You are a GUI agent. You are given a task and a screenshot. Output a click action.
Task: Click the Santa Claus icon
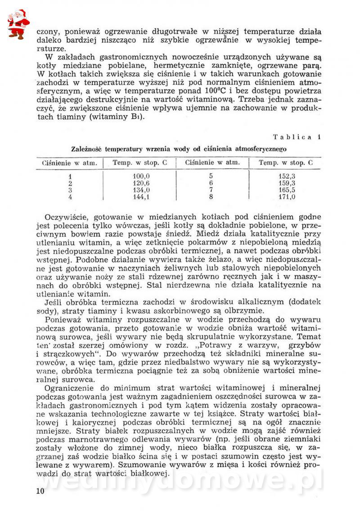18,23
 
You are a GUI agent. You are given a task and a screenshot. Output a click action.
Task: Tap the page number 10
40,491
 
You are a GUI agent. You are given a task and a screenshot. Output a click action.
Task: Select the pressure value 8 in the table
211,196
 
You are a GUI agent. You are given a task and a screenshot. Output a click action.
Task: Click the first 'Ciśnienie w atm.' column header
70,163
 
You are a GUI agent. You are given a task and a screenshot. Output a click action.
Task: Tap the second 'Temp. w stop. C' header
286,163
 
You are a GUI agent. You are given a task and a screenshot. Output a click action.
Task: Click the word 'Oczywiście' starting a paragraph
67,217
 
